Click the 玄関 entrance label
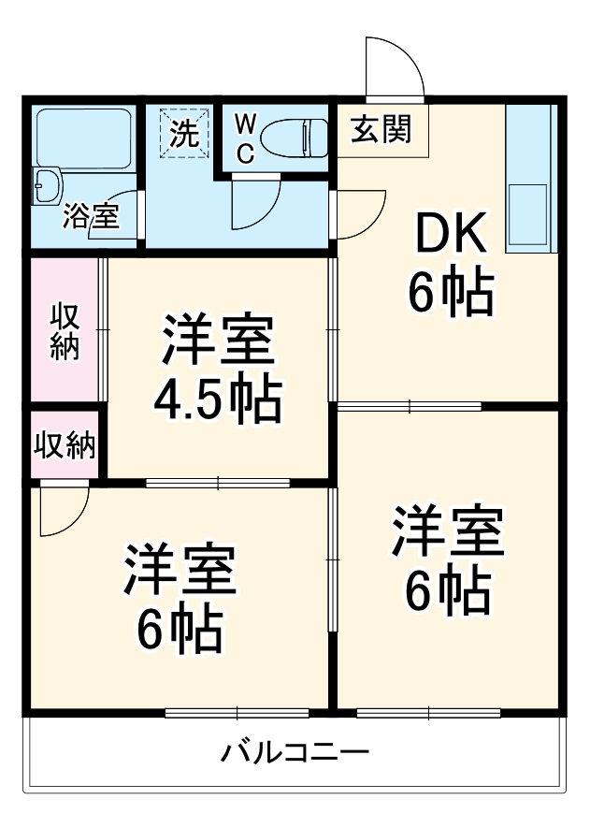(381, 129)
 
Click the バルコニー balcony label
(295, 752)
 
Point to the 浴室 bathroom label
(90, 217)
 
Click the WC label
(244, 138)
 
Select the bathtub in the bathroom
(82, 138)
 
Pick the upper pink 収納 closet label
(65, 332)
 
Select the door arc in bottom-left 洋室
(61, 510)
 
